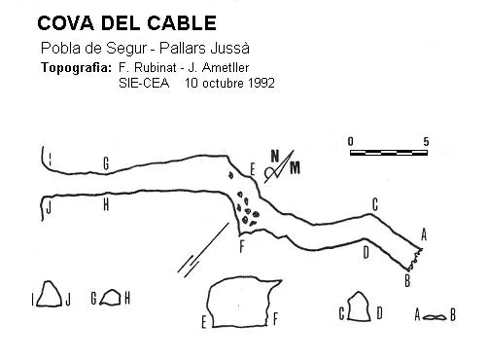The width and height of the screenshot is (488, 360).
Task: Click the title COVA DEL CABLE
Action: (x=126, y=23)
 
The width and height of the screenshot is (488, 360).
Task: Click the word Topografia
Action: (x=76, y=68)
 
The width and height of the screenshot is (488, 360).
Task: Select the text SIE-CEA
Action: (x=144, y=83)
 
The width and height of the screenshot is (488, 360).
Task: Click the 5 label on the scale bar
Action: (x=426, y=142)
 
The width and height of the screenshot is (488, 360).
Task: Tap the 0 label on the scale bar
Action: (x=351, y=142)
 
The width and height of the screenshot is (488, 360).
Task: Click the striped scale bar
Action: (x=389, y=153)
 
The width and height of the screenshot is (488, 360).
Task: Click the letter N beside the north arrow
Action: (x=275, y=156)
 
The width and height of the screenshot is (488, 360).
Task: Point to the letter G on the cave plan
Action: (x=106, y=163)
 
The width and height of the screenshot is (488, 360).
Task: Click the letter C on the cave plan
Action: (x=375, y=204)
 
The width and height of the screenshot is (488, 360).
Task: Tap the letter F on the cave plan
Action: (x=242, y=246)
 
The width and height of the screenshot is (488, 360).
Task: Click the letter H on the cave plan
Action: (x=106, y=204)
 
